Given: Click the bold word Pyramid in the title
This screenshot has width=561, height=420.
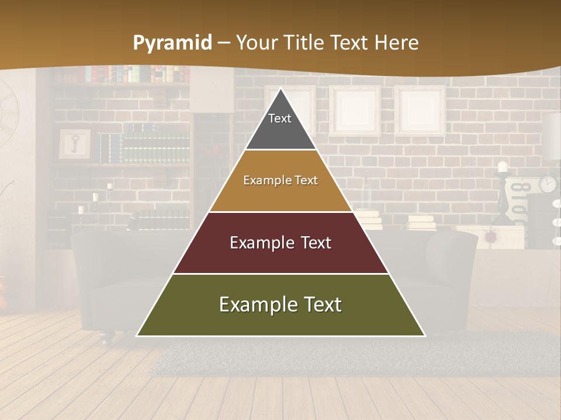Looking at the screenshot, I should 172,43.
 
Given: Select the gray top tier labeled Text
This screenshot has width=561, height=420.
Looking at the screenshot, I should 280,125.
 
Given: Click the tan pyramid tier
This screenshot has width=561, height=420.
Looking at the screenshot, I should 280,181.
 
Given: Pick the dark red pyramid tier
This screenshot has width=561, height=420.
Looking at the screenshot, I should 280,243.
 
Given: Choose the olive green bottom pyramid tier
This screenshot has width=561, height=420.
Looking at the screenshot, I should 280,305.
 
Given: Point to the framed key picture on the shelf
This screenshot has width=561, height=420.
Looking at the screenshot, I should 75,144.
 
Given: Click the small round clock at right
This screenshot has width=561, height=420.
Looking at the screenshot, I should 547,184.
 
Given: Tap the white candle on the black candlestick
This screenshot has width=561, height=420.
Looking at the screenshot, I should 502,167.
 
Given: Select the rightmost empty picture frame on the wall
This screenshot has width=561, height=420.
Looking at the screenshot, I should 419,111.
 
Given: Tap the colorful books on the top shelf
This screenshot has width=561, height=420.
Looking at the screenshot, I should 137,74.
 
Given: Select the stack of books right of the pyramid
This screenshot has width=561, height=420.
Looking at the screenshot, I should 422,222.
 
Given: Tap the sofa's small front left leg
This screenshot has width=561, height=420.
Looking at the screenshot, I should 105,338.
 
